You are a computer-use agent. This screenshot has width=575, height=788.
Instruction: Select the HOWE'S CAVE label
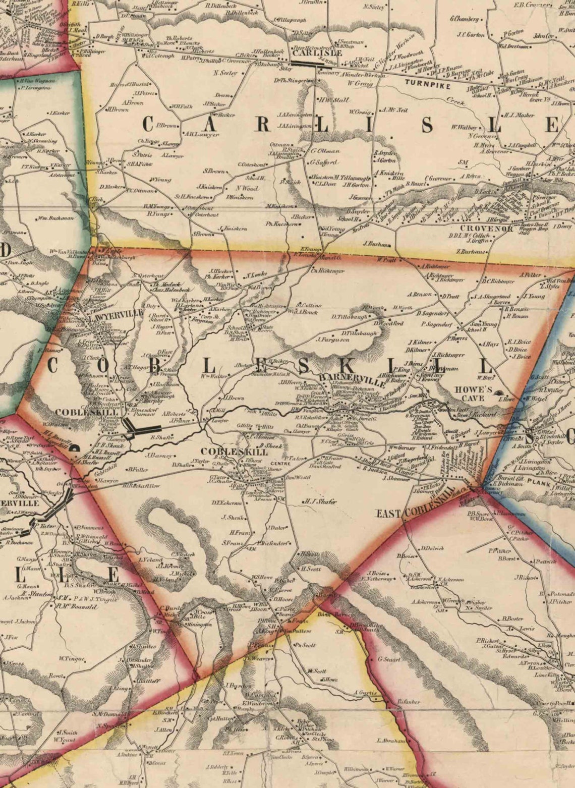click(473, 393)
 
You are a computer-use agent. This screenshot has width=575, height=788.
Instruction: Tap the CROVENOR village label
click(479, 229)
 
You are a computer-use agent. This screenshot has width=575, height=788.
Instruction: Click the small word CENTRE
click(277, 463)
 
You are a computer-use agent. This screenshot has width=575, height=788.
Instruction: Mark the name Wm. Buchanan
click(55, 218)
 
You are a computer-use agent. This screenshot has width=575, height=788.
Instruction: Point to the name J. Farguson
click(333, 340)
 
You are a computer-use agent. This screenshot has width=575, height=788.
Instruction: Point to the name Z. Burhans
click(471, 251)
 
